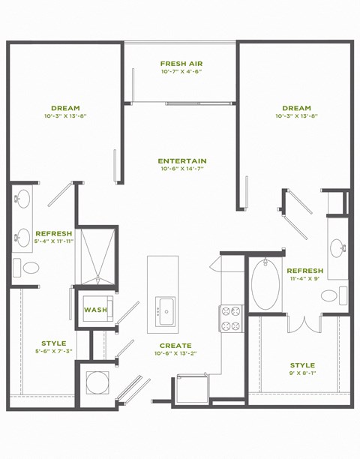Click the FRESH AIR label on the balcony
tap(181, 63)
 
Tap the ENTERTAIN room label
tap(182, 160)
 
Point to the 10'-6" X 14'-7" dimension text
tap(182, 169)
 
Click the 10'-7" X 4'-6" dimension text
tap(181, 72)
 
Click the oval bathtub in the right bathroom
tap(264, 285)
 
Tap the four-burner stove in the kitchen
tap(229, 319)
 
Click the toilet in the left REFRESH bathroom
tap(29, 268)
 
